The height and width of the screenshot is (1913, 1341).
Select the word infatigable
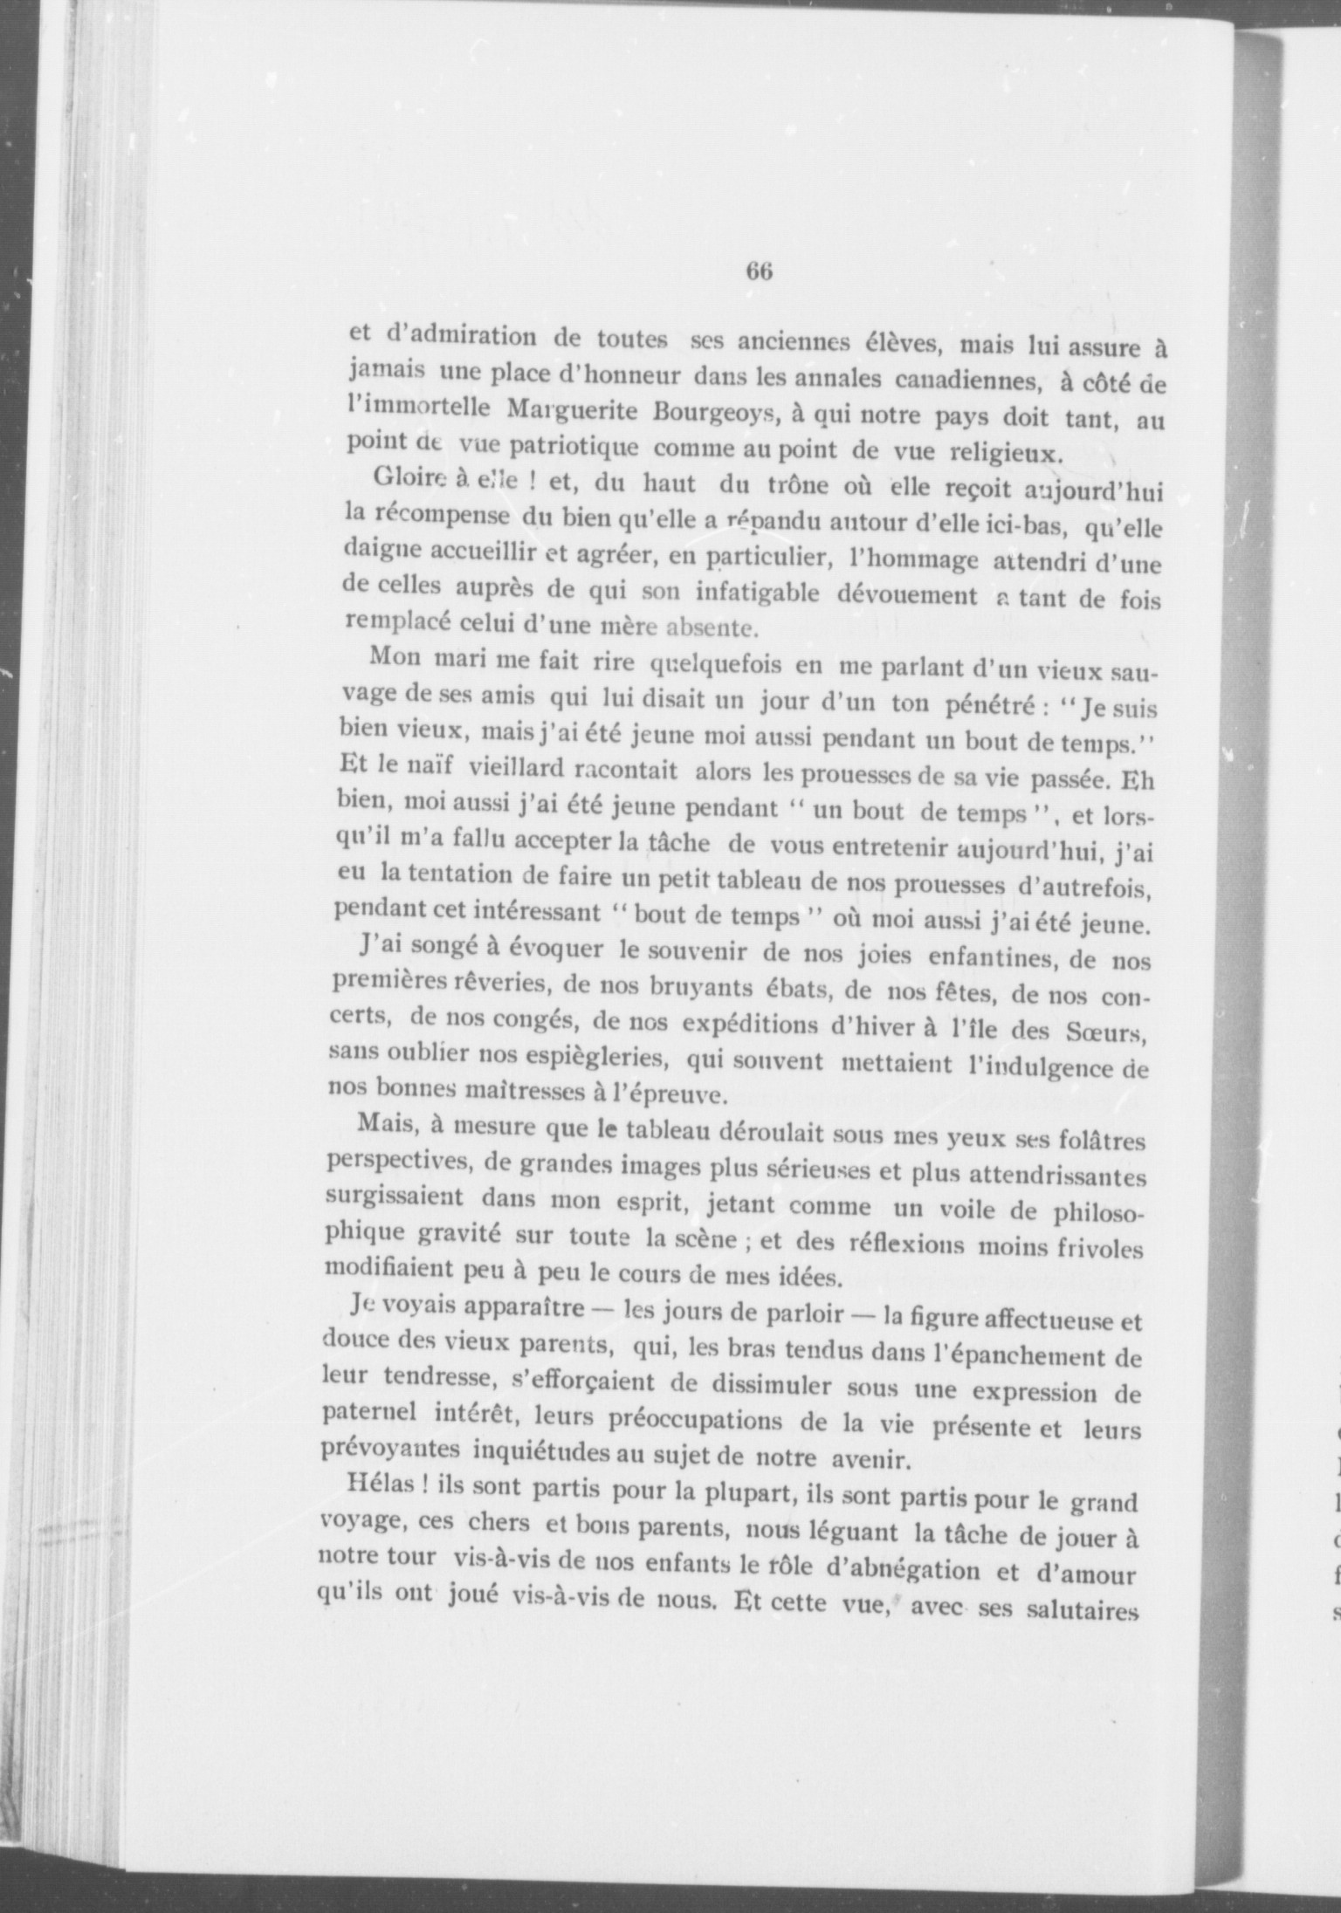(757, 596)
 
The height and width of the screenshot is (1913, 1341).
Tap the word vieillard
(517, 770)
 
